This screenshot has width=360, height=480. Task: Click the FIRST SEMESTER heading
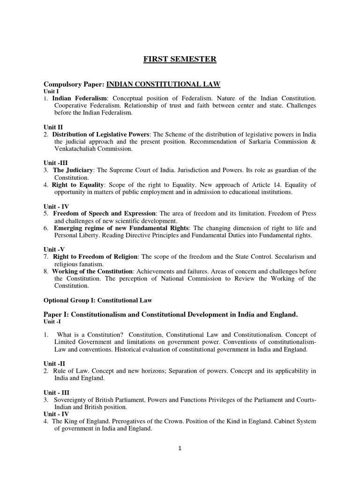click(180, 59)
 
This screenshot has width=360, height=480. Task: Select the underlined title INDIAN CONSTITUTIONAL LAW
click(163, 84)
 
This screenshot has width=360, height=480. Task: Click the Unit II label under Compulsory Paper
click(53, 127)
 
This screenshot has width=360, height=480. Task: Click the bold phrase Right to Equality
click(77, 185)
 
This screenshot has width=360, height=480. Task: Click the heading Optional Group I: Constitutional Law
click(98, 300)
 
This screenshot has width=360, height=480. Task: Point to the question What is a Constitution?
click(90, 335)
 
